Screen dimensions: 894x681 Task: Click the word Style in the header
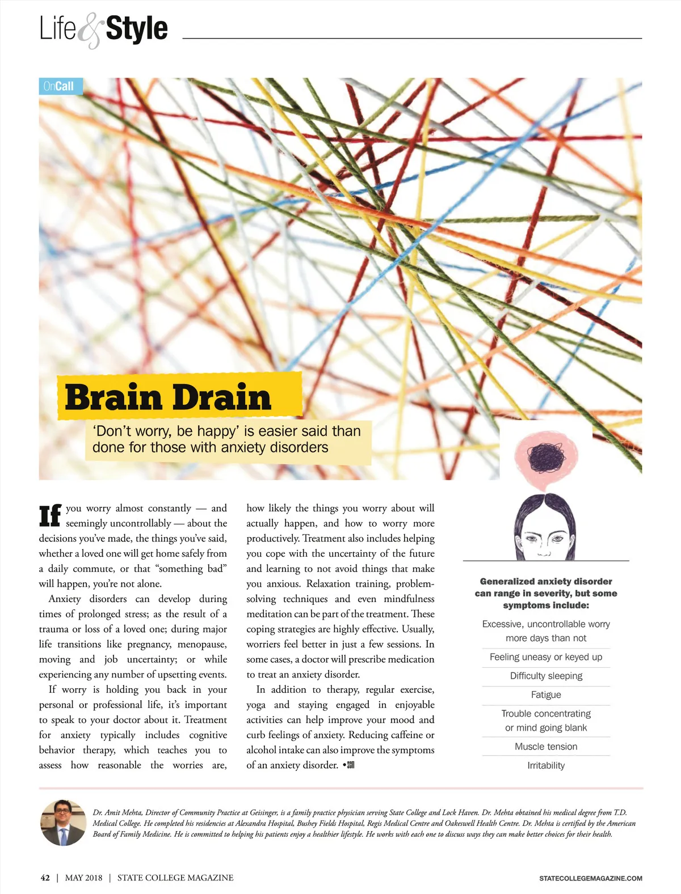pyautogui.click(x=137, y=29)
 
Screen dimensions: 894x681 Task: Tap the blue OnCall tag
pyautogui.click(x=59, y=86)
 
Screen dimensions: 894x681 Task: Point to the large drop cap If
pyautogui.click(x=50, y=515)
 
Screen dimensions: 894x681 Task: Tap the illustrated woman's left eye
pyautogui.click(x=559, y=538)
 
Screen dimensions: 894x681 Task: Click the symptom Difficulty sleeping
pyautogui.click(x=546, y=676)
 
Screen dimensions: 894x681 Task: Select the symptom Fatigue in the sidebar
pyautogui.click(x=546, y=694)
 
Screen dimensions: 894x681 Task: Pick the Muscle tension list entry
pyautogui.click(x=546, y=747)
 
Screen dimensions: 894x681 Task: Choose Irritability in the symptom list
pyautogui.click(x=546, y=765)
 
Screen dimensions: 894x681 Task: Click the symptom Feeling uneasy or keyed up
pyautogui.click(x=546, y=657)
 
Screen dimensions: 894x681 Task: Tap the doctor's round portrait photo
pyautogui.click(x=63, y=823)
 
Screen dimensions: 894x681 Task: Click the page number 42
pyautogui.click(x=45, y=878)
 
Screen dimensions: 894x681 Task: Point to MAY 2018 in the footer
pyautogui.click(x=84, y=878)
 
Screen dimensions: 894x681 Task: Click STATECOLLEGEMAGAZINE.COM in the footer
pyautogui.click(x=591, y=878)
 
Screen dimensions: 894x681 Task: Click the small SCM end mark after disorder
pyautogui.click(x=350, y=765)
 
